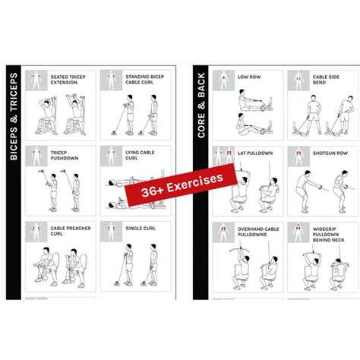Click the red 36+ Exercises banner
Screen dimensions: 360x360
(181, 185)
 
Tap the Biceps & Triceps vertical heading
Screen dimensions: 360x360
(14, 116)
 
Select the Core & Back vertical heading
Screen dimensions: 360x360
(201, 106)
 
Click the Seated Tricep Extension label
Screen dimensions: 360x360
(68, 80)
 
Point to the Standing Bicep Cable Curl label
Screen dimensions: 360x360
(145, 79)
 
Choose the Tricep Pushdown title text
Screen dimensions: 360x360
(65, 155)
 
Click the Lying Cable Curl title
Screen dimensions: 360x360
(140, 155)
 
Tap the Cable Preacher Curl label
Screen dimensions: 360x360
(71, 231)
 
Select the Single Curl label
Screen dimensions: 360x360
(141, 228)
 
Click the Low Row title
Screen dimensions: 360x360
(249, 77)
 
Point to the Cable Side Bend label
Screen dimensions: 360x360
(326, 80)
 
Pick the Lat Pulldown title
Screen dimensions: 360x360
(255, 153)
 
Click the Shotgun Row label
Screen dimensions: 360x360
(330, 153)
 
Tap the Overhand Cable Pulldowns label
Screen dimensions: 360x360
(258, 232)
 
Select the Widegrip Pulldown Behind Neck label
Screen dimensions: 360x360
(329, 235)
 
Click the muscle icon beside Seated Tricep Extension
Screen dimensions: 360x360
(36, 81)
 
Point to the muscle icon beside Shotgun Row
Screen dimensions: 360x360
(298, 156)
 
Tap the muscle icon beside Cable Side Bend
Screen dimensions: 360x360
(298, 81)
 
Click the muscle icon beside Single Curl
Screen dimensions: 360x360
(111, 232)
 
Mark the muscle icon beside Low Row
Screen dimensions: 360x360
(223, 81)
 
